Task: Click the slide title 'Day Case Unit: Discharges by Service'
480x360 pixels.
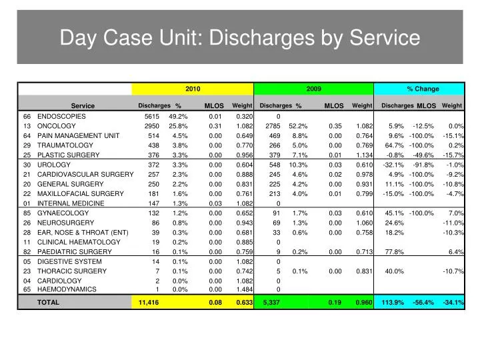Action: (x=240, y=38)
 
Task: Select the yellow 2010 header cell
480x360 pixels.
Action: (x=193, y=89)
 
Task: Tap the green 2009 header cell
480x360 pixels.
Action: (x=314, y=89)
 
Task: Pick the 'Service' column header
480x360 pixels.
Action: (x=83, y=106)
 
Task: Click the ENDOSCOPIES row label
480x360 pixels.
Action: (x=61, y=116)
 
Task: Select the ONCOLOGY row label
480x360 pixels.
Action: (x=57, y=126)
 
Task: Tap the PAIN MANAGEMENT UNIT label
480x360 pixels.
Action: (x=79, y=135)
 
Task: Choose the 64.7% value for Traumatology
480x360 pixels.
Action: (x=395, y=145)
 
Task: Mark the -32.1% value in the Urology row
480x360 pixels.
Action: (x=393, y=165)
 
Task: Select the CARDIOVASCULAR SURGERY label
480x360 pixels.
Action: (x=85, y=174)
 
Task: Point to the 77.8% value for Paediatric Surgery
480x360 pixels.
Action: (x=395, y=252)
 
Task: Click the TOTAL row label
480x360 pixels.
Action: (x=48, y=303)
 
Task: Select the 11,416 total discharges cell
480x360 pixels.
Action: (x=149, y=303)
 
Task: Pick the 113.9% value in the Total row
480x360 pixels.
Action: (x=393, y=303)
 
